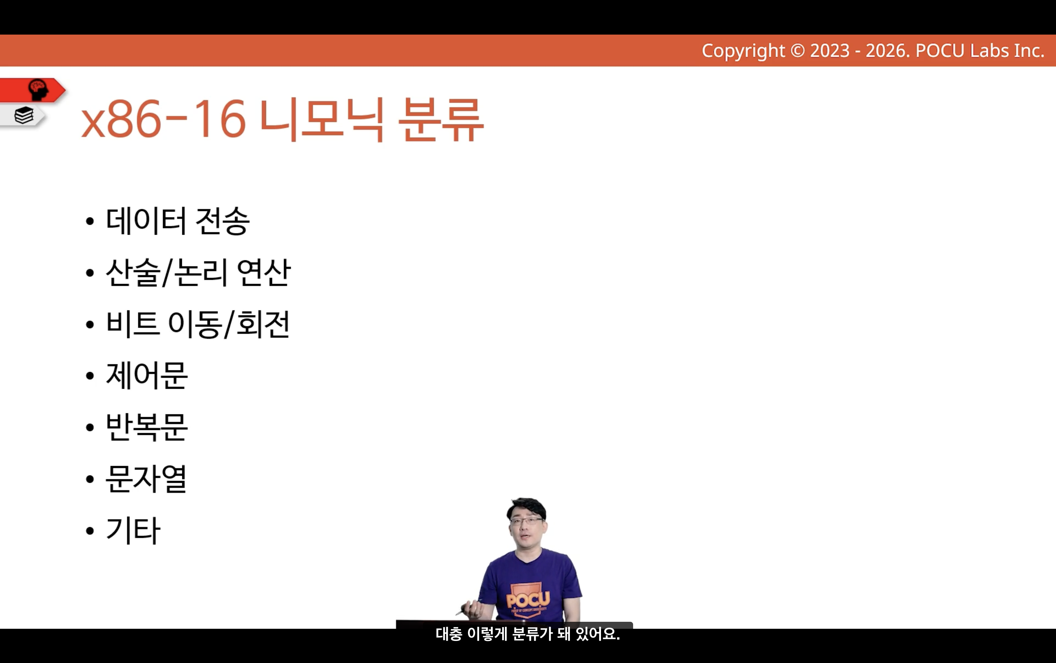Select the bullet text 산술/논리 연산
click(x=198, y=272)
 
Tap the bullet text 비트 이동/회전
click(x=198, y=324)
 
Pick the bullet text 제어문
click(x=147, y=376)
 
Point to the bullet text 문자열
click(x=146, y=479)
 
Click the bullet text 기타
click(x=133, y=530)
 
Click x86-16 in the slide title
click(x=163, y=119)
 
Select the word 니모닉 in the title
click(x=322, y=119)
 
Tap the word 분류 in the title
click(x=441, y=119)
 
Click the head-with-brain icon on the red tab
click(x=38, y=90)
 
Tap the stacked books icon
click(x=24, y=115)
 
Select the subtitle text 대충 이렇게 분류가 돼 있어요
click(x=528, y=634)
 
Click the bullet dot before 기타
click(x=90, y=531)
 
